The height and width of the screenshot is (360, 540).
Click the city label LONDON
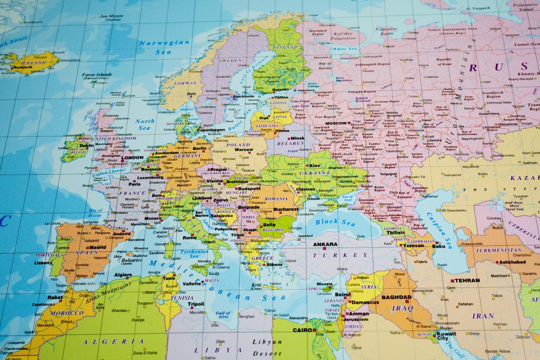click(x=132, y=158)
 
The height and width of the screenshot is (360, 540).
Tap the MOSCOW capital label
click(x=336, y=123)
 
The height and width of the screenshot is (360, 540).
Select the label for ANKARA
click(x=325, y=244)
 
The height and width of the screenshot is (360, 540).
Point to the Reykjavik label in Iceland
click(x=21, y=67)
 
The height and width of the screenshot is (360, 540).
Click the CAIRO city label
click(x=302, y=330)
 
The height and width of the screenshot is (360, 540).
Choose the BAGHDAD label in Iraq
click(x=396, y=297)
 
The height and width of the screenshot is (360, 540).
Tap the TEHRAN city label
click(x=467, y=280)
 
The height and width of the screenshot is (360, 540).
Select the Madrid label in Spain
click(x=98, y=247)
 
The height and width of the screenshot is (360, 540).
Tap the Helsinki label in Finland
click(x=280, y=89)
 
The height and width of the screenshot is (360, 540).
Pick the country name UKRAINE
click(x=317, y=172)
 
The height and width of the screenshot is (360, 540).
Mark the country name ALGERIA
click(x=113, y=342)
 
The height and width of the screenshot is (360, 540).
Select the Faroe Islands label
click(x=96, y=75)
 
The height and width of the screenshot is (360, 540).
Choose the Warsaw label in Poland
click(x=243, y=149)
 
